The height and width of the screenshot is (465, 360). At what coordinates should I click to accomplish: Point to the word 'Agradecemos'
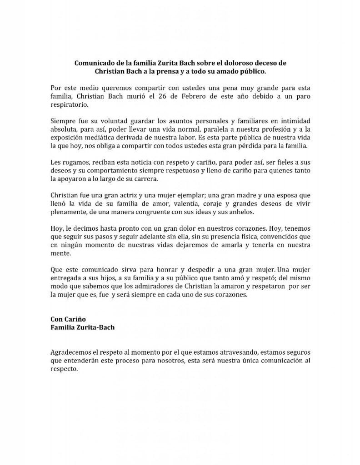pyautogui.click(x=72, y=352)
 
